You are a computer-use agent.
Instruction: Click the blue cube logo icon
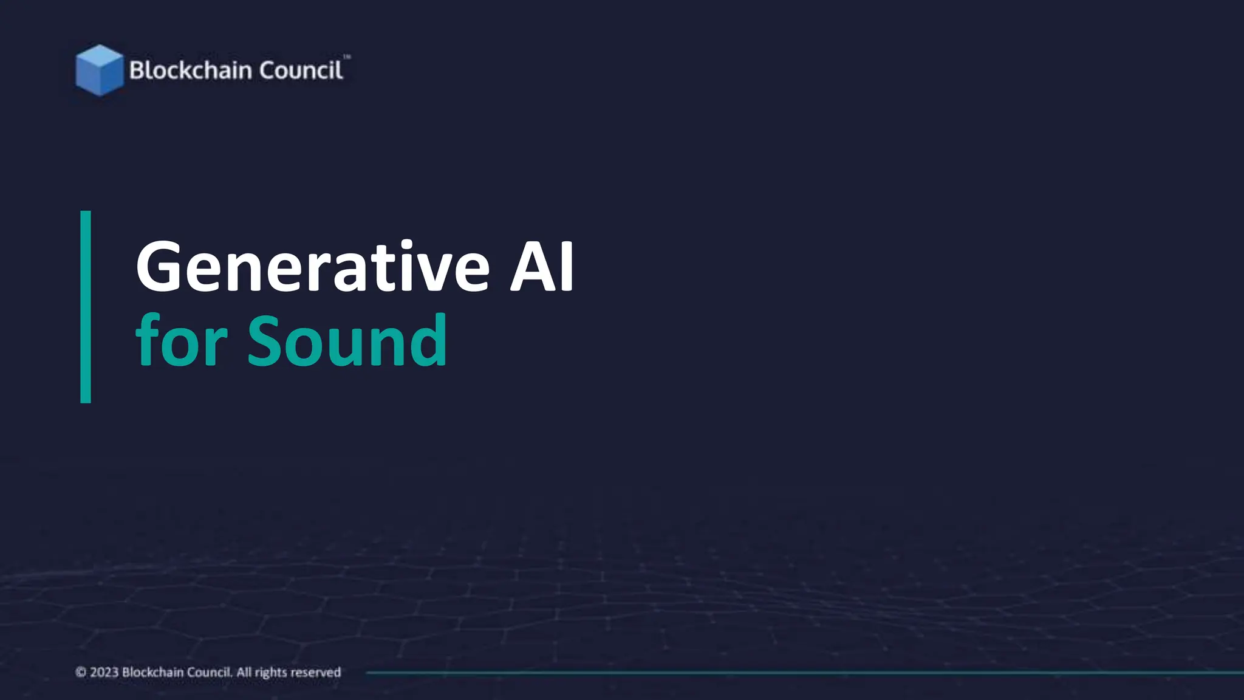pos(99,70)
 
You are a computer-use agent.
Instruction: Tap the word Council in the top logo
pos(301,70)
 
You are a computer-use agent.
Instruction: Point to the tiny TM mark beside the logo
pos(347,57)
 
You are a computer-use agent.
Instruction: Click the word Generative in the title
pos(312,267)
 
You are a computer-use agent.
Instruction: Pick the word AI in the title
pos(541,267)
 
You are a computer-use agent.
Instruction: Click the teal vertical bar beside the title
pos(86,307)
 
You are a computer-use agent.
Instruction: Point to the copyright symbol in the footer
pos(81,672)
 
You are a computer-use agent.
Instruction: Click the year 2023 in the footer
pos(104,672)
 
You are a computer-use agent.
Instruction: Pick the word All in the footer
pos(244,672)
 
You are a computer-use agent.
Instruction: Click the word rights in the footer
pos(271,672)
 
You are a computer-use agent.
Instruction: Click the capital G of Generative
pos(162,267)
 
